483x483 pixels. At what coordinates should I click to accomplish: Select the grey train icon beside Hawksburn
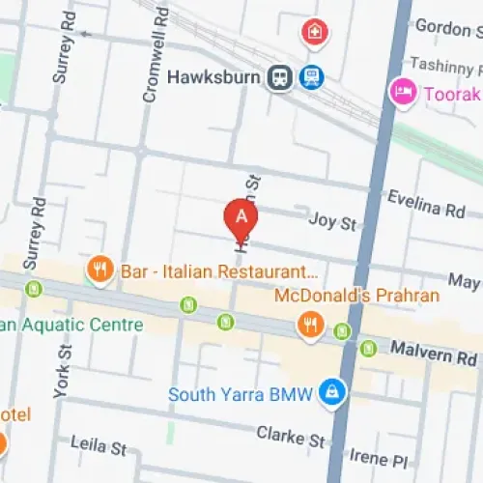tap(280, 76)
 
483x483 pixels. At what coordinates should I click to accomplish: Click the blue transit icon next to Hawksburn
tap(311, 76)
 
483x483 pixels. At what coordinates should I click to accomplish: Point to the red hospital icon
tap(314, 33)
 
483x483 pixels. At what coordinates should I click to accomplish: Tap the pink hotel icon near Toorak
tap(402, 94)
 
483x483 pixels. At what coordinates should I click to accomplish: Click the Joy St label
tap(332, 222)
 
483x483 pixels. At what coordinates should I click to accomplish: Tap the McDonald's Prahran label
tap(356, 295)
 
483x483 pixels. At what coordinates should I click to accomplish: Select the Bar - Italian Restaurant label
tap(218, 272)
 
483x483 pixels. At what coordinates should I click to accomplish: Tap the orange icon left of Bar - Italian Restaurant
tap(99, 270)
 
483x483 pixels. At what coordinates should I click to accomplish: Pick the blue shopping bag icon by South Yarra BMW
tap(331, 390)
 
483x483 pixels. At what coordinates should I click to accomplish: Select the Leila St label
tap(99, 445)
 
